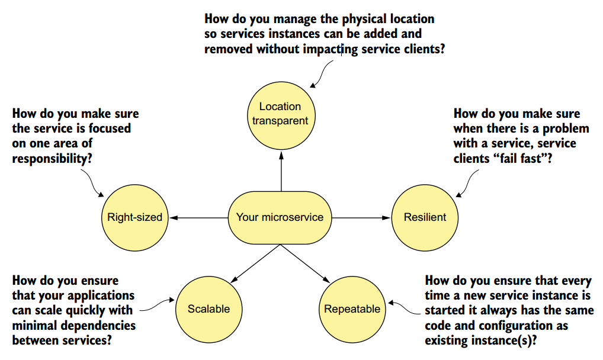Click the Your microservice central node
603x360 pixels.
(x=280, y=218)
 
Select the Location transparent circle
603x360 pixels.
(x=281, y=116)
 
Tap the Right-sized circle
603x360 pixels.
(x=135, y=218)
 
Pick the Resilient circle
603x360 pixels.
(x=425, y=218)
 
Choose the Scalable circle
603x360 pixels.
(x=209, y=309)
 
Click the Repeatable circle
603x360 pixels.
(x=352, y=309)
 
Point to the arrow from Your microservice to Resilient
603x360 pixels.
(x=361, y=218)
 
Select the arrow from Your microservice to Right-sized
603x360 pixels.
(x=198, y=218)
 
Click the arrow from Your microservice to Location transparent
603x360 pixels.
(x=281, y=171)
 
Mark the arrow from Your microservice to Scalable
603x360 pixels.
(x=255, y=264)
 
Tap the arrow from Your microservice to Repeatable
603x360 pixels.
(x=305, y=264)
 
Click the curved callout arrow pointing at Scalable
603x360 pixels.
(x=157, y=306)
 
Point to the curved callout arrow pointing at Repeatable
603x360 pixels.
(x=404, y=308)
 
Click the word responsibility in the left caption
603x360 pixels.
(x=52, y=159)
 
